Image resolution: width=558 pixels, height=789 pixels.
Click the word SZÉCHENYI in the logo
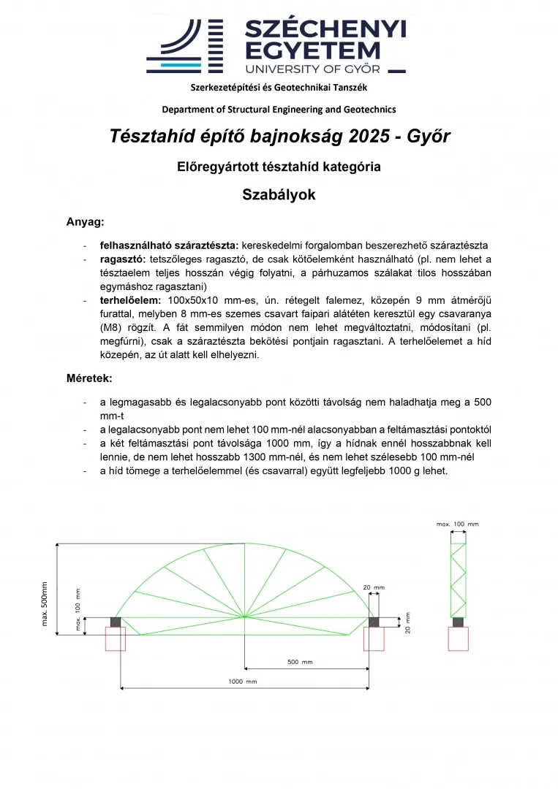pyautogui.click(x=325, y=29)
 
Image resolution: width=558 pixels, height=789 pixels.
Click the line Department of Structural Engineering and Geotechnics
pyautogui.click(x=279, y=110)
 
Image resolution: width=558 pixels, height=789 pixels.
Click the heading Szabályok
pyautogui.click(x=279, y=195)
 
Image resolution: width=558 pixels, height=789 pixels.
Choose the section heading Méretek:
pyautogui.click(x=89, y=378)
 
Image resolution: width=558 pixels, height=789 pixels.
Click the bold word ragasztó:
pyautogui.click(x=123, y=259)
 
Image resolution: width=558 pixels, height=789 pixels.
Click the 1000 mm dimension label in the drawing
pyautogui.click(x=242, y=681)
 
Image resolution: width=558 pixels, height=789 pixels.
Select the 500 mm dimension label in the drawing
pyautogui.click(x=297, y=662)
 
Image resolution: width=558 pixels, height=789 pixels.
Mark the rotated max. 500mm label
pyautogui.click(x=45, y=604)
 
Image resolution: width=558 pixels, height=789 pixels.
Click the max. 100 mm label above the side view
pyautogui.click(x=457, y=524)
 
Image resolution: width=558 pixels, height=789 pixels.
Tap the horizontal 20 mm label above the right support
pyautogui.click(x=373, y=587)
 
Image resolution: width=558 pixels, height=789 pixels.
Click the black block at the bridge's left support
pyautogui.click(x=116, y=622)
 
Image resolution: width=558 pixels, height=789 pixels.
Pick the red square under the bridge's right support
pyautogui.click(x=373, y=639)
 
